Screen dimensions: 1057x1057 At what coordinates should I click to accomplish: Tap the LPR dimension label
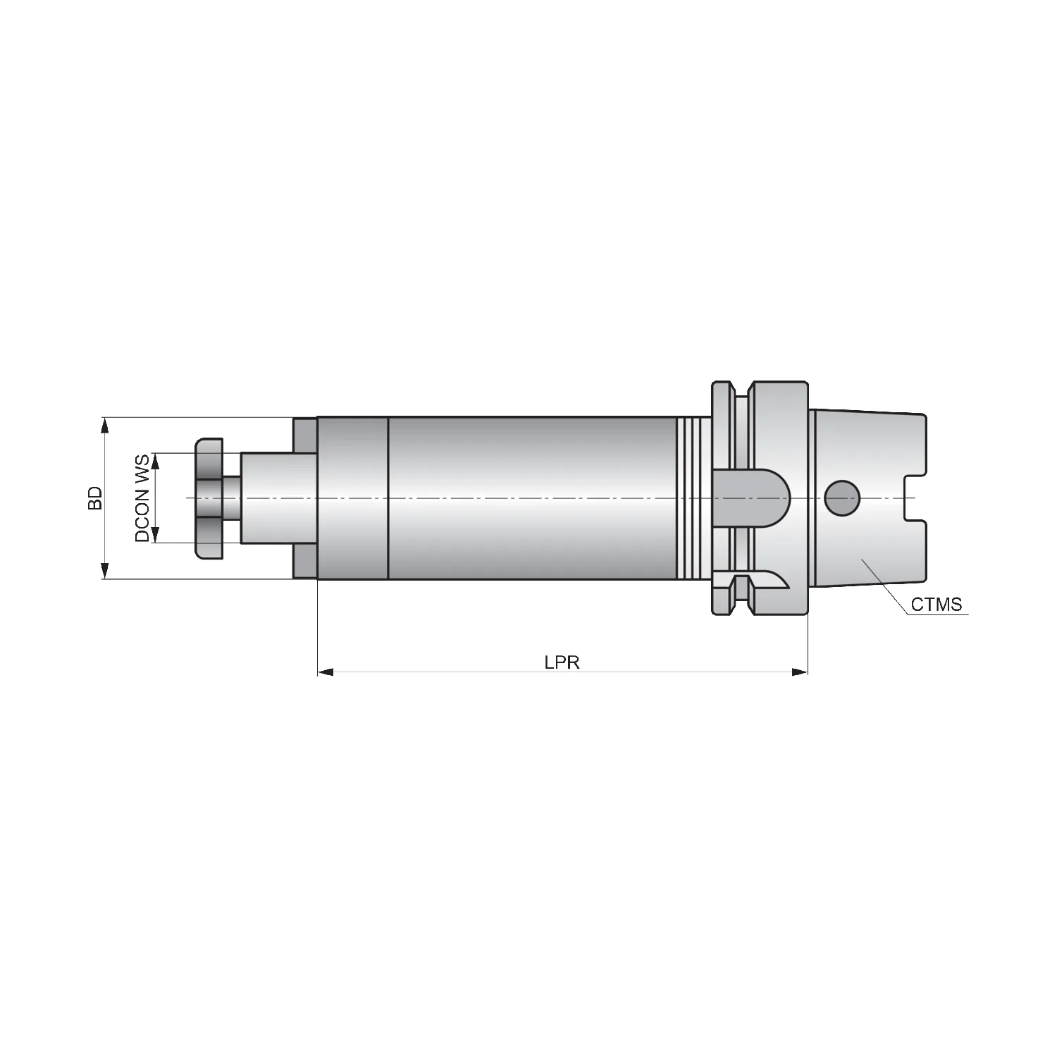(562, 663)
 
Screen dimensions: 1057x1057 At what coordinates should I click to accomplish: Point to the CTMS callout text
(937, 605)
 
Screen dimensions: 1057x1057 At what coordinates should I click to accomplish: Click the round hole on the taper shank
(842, 498)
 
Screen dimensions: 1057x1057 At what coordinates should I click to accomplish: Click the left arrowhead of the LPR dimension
(325, 672)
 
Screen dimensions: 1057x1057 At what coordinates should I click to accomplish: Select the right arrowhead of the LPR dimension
(800, 672)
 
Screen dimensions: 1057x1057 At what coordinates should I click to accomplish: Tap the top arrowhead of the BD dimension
(105, 425)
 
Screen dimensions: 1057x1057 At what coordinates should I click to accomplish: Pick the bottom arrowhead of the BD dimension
(105, 571)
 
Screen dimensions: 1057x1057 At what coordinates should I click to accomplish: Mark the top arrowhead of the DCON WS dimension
(156, 461)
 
